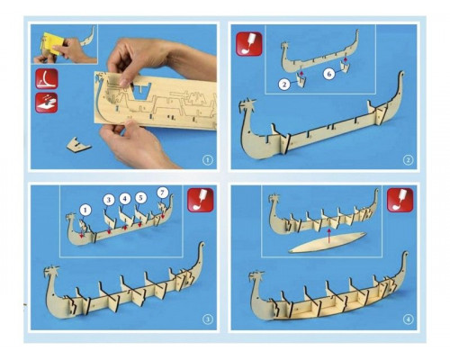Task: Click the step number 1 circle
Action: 207,160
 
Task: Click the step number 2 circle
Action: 408,160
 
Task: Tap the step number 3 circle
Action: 207,319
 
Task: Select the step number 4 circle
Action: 408,319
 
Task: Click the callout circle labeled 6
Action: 329,74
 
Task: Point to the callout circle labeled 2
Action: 284,85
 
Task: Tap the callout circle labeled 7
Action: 162,193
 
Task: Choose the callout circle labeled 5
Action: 140,198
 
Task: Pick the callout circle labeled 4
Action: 125,199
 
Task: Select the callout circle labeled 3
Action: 109,200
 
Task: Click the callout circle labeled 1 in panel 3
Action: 85,211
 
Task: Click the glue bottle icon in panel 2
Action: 249,44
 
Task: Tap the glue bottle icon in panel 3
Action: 201,200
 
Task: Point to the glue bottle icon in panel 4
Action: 400,200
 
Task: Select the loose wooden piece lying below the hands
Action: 78,145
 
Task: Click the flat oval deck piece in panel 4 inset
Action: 328,242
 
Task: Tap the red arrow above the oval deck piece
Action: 329,236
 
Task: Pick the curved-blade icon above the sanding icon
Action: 47,78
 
